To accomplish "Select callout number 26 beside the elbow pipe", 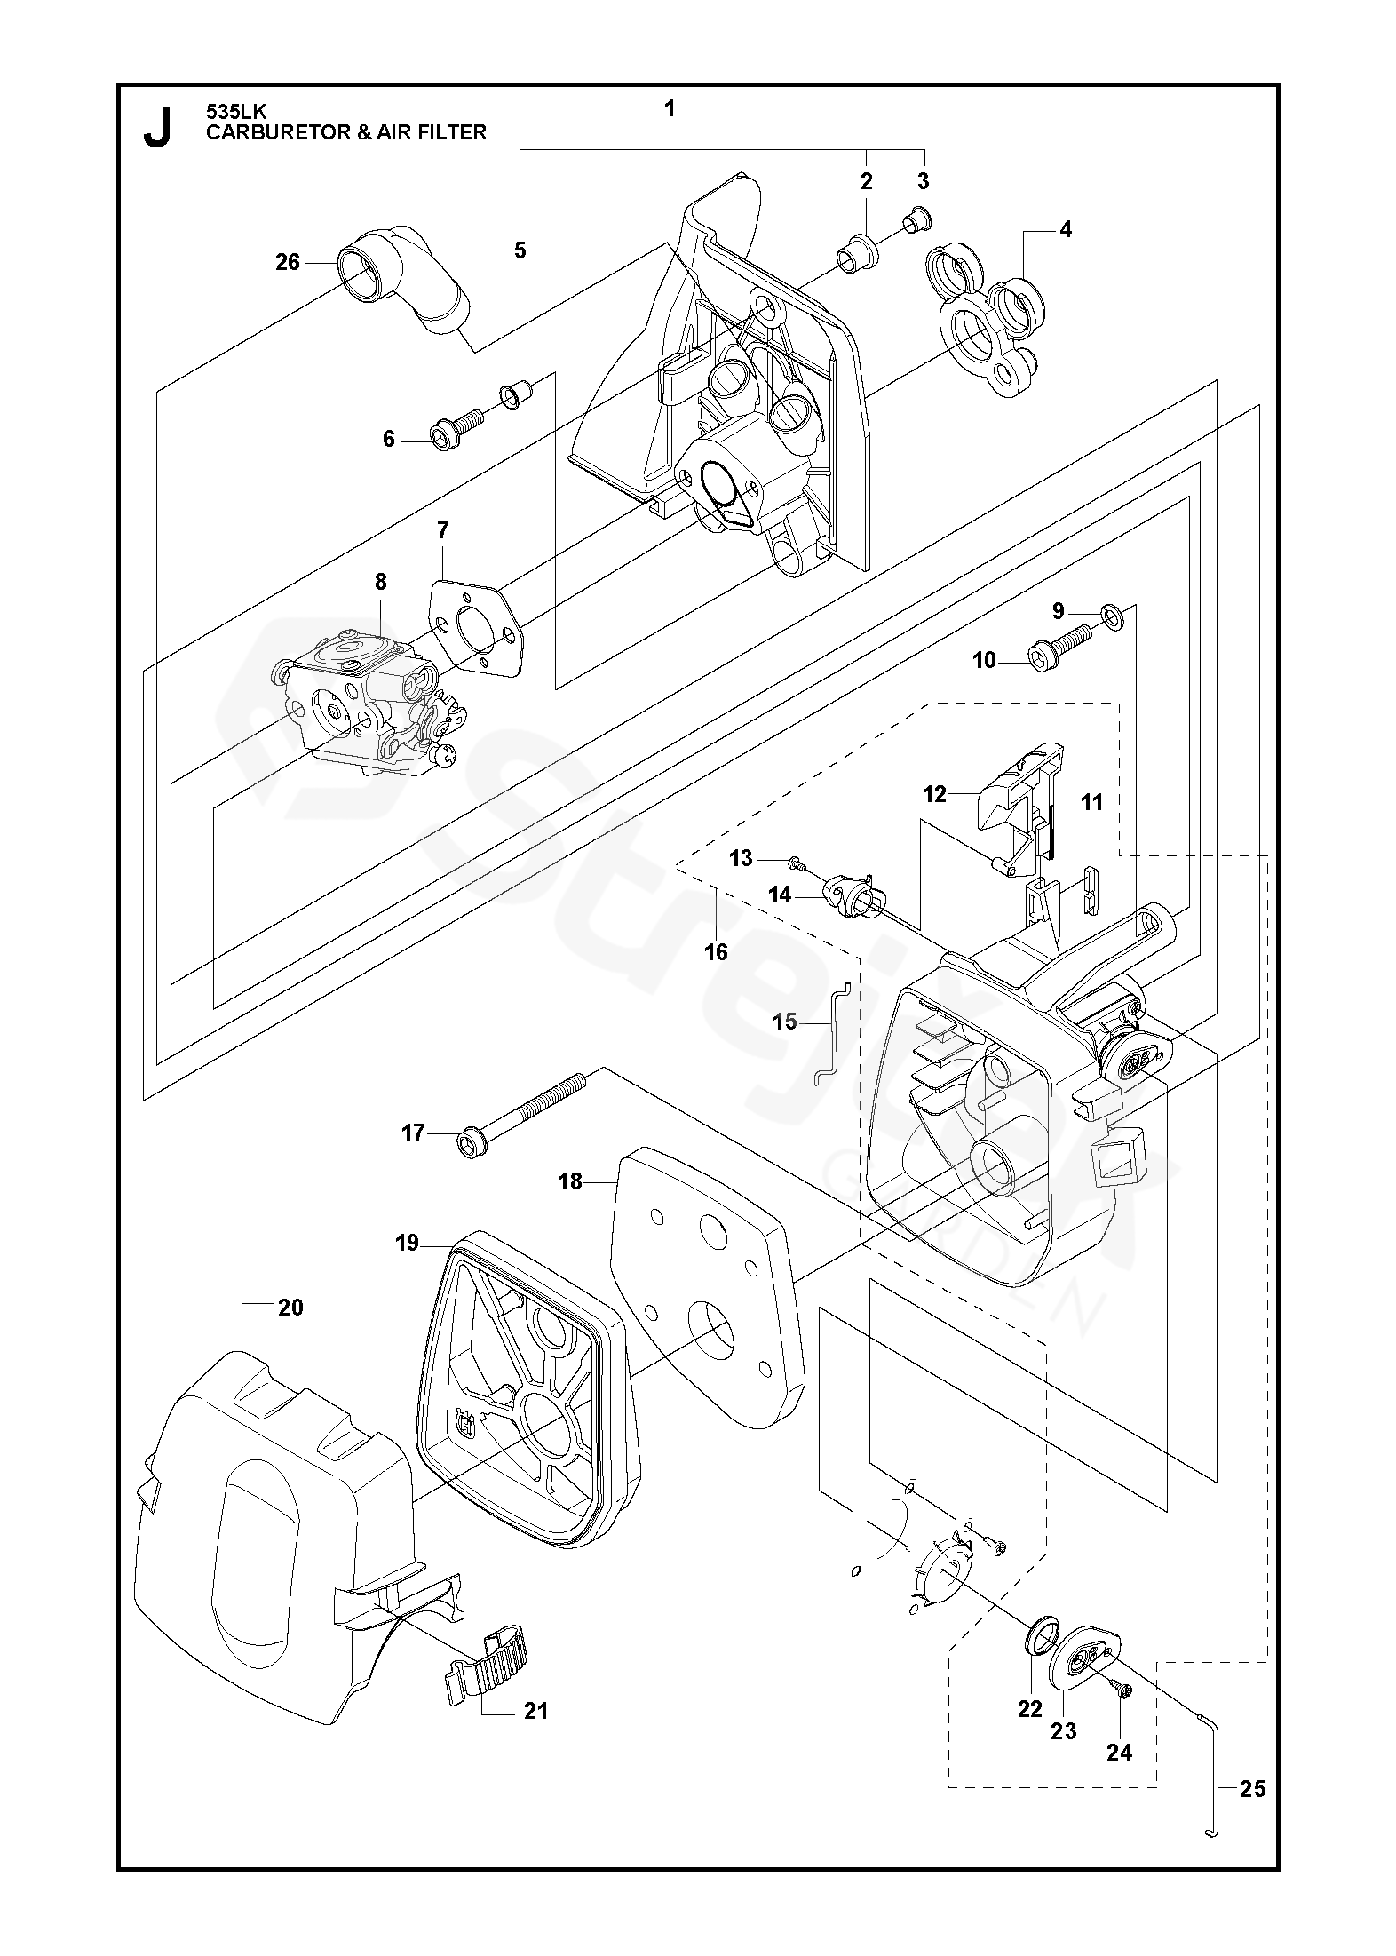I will click(288, 262).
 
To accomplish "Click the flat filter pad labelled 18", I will click(702, 1288).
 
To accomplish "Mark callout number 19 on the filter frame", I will click(408, 1243).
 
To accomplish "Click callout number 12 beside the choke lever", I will click(934, 793).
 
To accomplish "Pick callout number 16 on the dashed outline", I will click(716, 952).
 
